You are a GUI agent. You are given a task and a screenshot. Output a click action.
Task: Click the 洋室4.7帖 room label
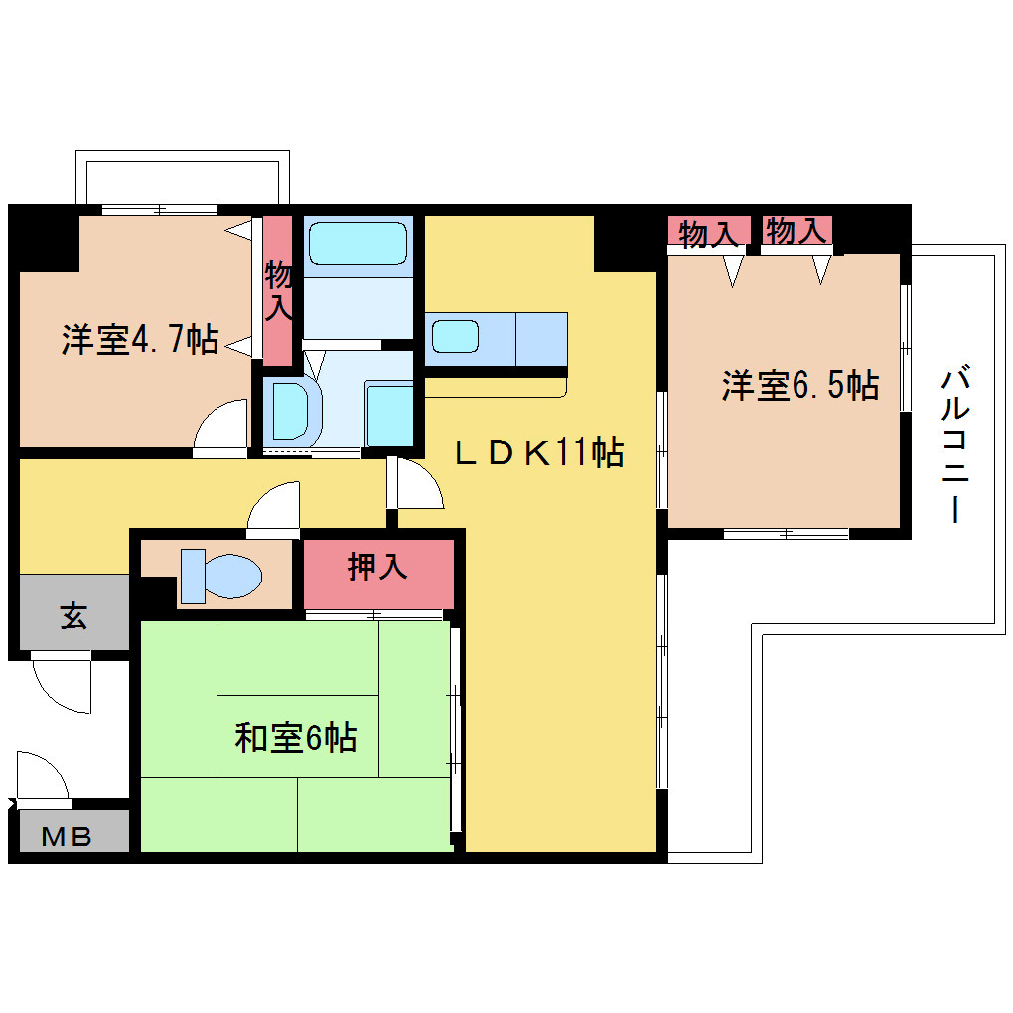(x=140, y=339)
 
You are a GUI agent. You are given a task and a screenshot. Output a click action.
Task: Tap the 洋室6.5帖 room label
(x=799, y=385)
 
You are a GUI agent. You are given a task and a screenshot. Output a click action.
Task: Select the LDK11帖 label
(x=539, y=452)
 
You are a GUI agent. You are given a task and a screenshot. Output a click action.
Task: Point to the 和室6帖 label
(x=295, y=737)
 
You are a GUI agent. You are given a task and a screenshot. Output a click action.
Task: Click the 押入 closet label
(x=378, y=567)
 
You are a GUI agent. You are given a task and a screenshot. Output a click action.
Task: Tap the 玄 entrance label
(x=73, y=615)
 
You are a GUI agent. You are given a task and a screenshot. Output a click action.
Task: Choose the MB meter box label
(x=67, y=837)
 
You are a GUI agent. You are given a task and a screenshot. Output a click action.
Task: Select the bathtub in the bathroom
(x=358, y=244)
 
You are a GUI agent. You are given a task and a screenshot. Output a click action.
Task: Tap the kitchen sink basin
(x=456, y=337)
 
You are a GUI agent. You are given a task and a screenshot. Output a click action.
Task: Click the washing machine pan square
(x=389, y=413)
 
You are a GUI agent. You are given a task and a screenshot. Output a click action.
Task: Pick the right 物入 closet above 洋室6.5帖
(x=796, y=230)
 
